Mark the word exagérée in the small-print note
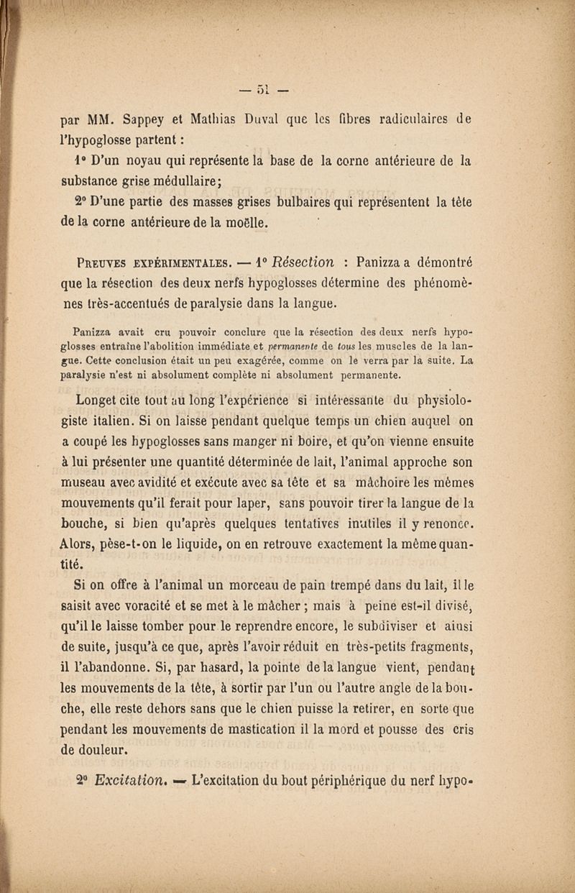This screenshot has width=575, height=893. [269, 360]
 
